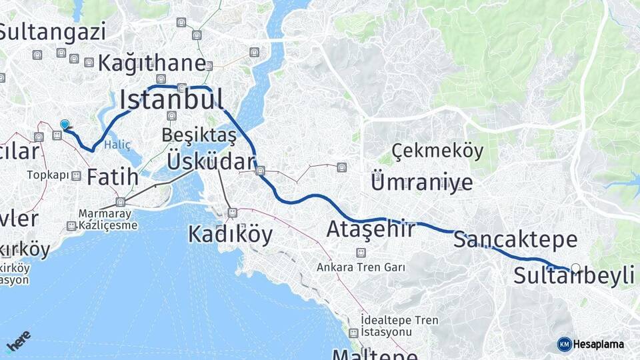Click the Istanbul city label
[171, 99]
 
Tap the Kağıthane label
[152, 64]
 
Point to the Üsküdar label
[211, 161]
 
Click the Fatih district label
[113, 177]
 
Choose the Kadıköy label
[230, 234]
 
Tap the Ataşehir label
[371, 229]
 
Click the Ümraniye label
[422, 182]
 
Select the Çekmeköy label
[437, 151]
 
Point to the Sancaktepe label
[515, 240]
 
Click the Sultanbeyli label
[573, 275]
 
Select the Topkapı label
[48, 175]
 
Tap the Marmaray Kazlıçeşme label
[108, 219]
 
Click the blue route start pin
[65, 125]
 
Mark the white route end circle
[576, 269]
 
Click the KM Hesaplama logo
[591, 344]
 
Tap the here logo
[18, 341]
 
